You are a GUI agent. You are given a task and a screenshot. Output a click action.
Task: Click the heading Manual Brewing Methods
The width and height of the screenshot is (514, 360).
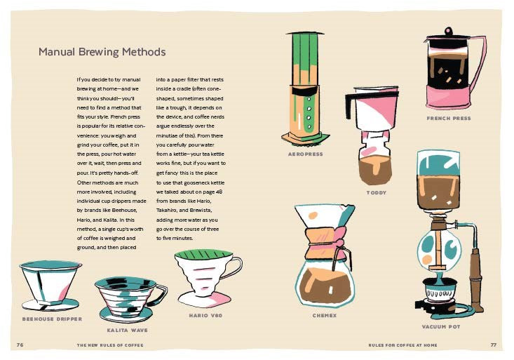[102, 52]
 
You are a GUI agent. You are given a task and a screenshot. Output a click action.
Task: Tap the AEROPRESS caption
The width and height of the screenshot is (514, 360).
[306, 154]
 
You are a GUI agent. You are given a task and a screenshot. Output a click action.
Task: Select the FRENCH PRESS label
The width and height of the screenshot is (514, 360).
[449, 118]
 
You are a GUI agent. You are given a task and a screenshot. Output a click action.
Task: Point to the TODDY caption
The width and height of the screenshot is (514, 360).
[377, 193]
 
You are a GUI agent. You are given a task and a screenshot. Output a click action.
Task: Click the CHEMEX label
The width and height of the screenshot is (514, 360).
[325, 315]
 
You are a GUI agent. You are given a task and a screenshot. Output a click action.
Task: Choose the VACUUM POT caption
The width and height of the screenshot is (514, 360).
[441, 326]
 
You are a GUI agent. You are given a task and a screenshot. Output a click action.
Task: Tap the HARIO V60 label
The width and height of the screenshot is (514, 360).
[205, 315]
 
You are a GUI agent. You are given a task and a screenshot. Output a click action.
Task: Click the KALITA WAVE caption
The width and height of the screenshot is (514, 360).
[127, 330]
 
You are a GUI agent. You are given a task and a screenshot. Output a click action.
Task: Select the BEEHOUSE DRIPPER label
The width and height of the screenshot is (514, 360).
[52, 319]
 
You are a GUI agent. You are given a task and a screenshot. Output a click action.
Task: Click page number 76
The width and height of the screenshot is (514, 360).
[20, 345]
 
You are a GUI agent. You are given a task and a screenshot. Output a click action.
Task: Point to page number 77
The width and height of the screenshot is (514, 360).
[494, 345]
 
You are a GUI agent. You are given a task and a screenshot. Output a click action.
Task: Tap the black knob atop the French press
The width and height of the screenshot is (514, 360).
[448, 31]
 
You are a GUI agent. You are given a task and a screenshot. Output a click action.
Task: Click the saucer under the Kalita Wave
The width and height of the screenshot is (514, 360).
[126, 314]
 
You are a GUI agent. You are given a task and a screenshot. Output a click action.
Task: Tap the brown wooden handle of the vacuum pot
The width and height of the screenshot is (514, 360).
[476, 279]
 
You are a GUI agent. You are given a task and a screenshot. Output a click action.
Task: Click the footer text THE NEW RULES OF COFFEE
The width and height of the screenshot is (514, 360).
[110, 345]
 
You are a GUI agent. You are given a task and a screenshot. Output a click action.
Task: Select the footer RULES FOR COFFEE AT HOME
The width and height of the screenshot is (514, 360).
[403, 345]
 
